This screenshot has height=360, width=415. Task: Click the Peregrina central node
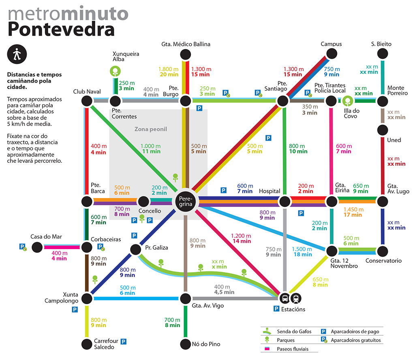186,201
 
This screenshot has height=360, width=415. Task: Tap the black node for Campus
332,54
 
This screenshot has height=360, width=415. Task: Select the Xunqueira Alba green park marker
116,71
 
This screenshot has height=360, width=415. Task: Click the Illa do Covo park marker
347,101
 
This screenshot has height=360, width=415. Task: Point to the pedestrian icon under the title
17,54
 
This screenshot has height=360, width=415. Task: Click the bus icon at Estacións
285,298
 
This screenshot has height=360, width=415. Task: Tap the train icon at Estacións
296,298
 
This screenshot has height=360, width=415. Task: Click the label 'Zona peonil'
151,129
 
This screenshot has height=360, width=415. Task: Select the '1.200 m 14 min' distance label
241,239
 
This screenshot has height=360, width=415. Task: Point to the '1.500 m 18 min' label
302,251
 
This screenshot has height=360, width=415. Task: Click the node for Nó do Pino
186,344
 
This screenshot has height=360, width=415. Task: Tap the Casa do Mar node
37,247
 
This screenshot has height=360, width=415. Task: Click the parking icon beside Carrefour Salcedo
123,341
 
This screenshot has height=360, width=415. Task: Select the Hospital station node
285,202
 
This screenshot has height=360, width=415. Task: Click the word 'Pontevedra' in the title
61,29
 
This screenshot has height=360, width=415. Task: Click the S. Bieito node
383,54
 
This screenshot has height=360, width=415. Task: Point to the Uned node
383,130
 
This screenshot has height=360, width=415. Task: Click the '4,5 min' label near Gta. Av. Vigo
224,292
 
